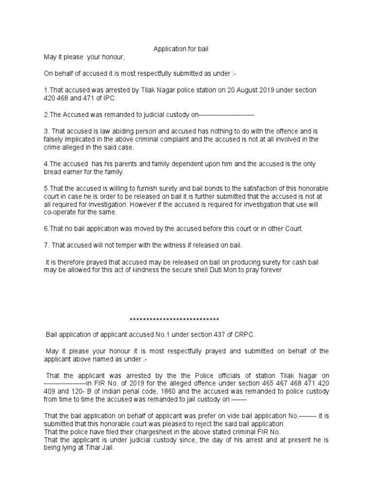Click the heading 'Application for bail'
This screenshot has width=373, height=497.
coord(181,49)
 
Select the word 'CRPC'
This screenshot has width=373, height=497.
coord(244,334)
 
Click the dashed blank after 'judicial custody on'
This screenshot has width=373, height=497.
coord(226,115)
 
